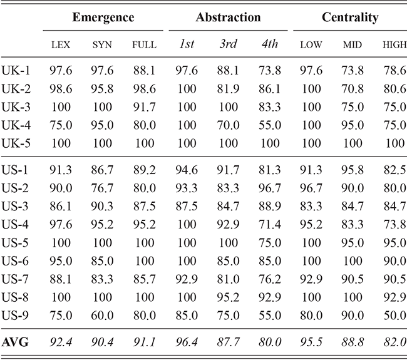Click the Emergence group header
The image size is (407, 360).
pyautogui.click(x=103, y=18)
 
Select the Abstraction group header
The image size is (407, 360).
pyautogui.click(x=228, y=18)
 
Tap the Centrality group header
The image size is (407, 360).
pyautogui.click(x=350, y=18)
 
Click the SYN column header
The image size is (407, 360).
pyautogui.click(x=103, y=45)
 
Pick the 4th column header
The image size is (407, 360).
pyautogui.click(x=268, y=45)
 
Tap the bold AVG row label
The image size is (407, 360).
pyautogui.click(x=16, y=342)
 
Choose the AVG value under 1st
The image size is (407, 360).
pyautogui.click(x=187, y=342)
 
